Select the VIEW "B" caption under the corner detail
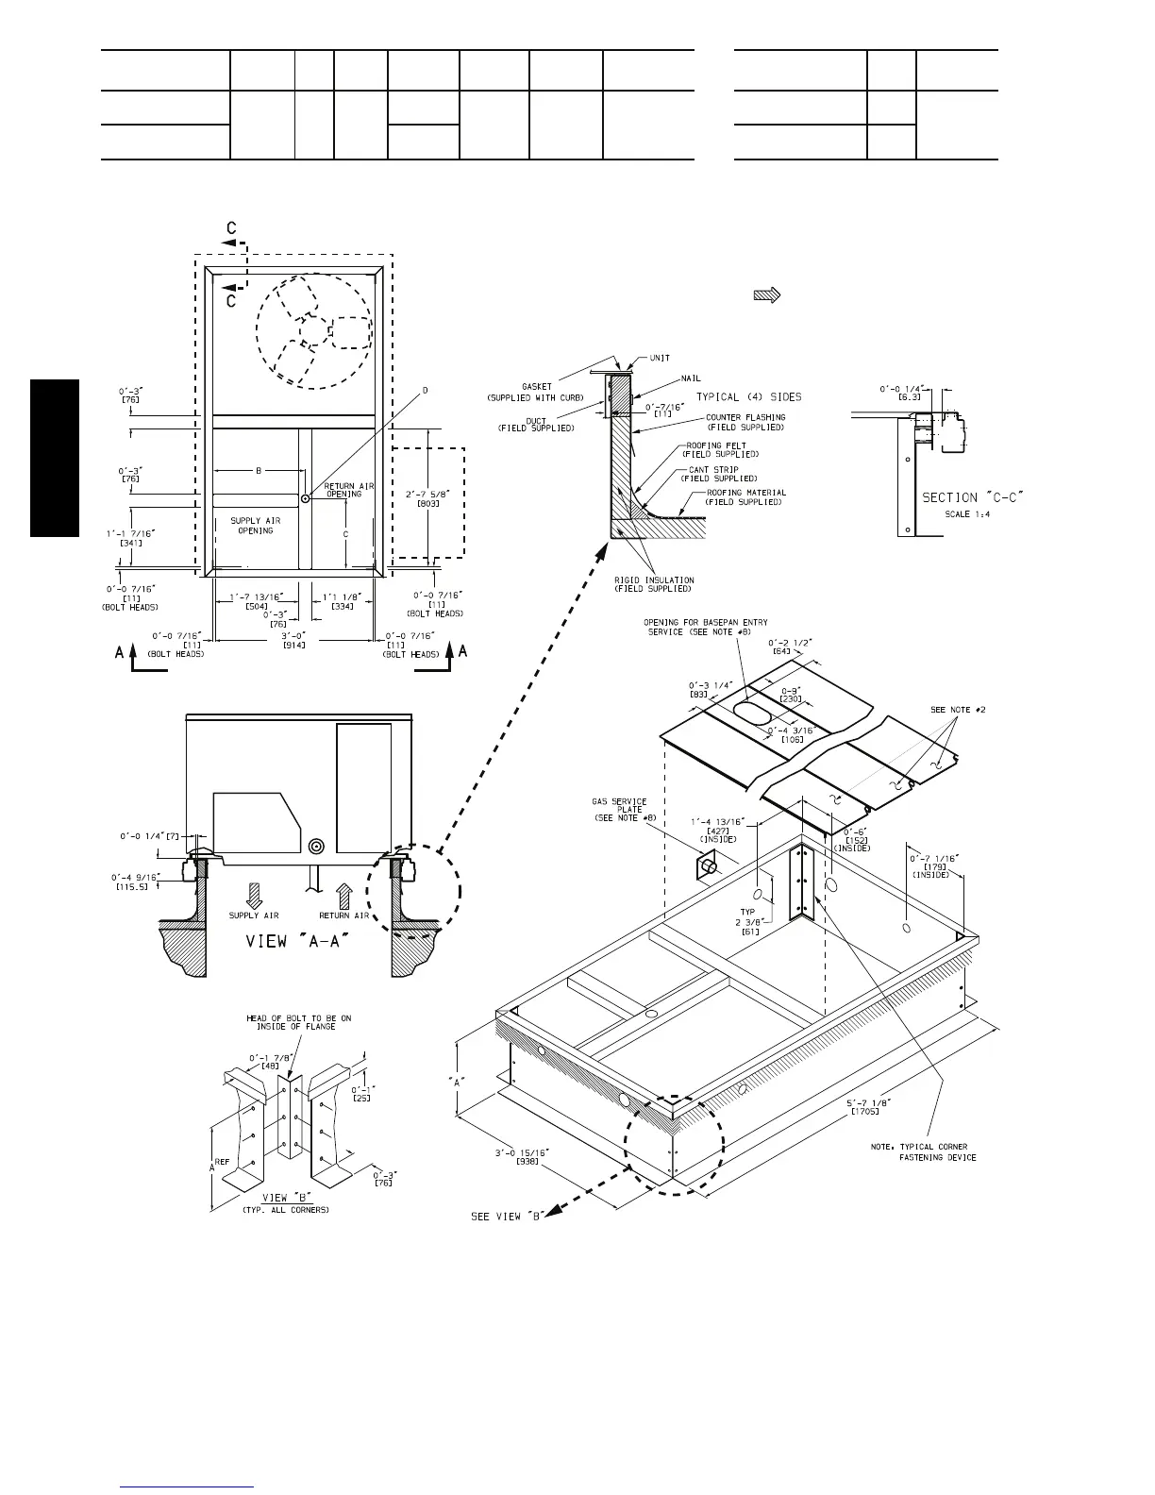[261, 1199]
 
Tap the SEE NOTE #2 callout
[959, 710]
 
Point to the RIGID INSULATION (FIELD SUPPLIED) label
[654, 584]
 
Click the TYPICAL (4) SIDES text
[749, 396]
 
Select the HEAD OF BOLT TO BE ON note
[298, 1023]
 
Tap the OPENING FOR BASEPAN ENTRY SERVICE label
[706, 627]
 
